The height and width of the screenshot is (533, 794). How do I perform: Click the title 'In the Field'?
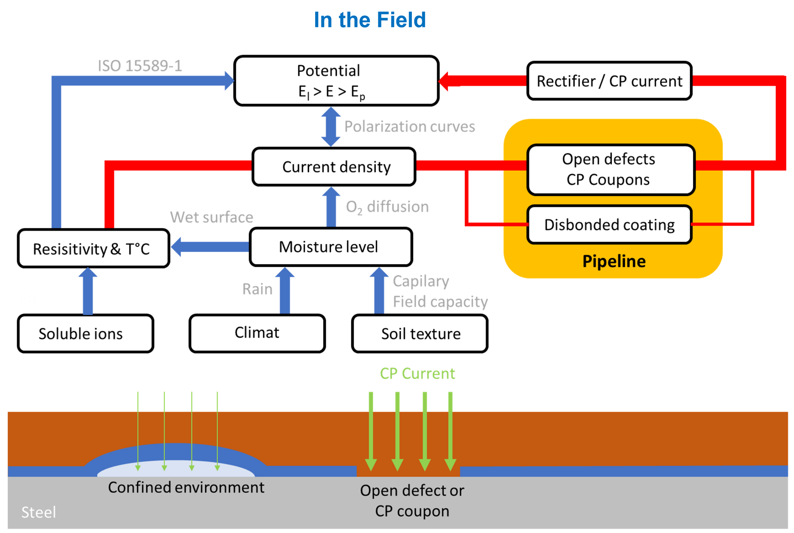point(370,20)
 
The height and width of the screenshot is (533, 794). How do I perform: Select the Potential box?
point(336,81)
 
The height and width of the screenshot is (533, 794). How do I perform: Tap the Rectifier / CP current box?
point(609,81)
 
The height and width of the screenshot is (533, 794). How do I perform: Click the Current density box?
point(334,166)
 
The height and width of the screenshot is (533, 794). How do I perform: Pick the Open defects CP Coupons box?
point(611,170)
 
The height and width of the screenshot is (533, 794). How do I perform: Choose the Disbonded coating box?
point(609,225)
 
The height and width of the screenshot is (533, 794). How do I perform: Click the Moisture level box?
point(331,247)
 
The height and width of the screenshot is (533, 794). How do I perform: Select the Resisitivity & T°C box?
point(93,248)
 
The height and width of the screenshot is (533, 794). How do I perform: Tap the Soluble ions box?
point(86,334)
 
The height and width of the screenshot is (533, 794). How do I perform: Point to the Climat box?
point(257,333)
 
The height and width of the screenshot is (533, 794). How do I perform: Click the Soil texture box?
point(420,334)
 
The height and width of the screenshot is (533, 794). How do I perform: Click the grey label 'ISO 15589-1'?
point(140,66)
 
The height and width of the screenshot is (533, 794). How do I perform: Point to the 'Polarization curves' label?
point(409,126)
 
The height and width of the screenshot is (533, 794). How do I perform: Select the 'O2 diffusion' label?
point(387,207)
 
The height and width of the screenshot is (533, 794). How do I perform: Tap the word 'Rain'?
point(257,289)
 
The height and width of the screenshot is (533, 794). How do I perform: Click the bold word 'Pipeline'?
point(614,261)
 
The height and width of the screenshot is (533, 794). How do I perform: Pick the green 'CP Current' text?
point(417,374)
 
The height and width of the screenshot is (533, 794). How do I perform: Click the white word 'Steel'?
point(38,512)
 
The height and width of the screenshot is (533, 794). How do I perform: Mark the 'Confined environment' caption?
point(186,487)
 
